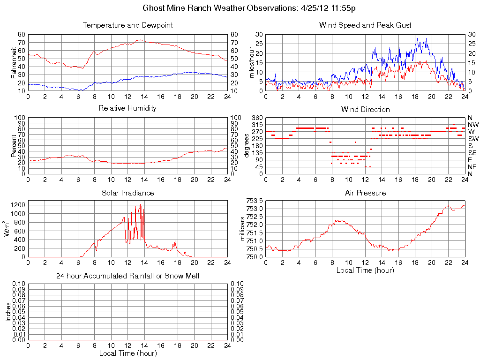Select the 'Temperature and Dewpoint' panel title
[x=127, y=25]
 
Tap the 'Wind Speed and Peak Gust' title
[x=365, y=25]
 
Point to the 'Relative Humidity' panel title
[x=127, y=108]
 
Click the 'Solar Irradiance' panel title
[x=127, y=193]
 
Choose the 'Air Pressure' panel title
[x=365, y=193]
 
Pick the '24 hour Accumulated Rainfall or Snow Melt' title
[x=127, y=276]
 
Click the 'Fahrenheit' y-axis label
[x=14, y=62]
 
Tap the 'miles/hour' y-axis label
[x=252, y=62]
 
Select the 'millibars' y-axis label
[x=243, y=228]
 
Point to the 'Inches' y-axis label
[x=8, y=312]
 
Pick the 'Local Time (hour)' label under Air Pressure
[x=365, y=270]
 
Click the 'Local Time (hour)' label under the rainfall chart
[x=127, y=353]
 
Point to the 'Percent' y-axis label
[x=14, y=146]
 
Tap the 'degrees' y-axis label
[x=247, y=146]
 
